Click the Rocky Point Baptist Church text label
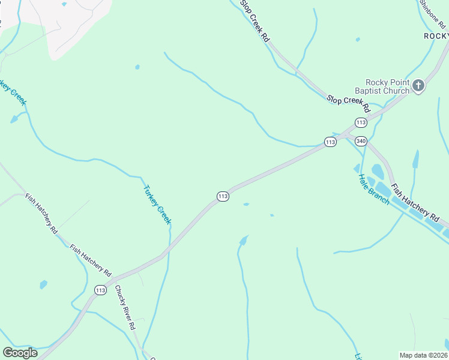pyautogui.click(x=387, y=86)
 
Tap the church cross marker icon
pyautogui.click(x=419, y=86)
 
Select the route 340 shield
pyautogui.click(x=361, y=141)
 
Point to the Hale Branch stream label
pyautogui.click(x=373, y=189)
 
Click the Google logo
pyautogui.click(x=20, y=353)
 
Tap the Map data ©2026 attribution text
pyautogui.click(x=423, y=355)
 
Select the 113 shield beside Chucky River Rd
pyautogui.click(x=100, y=290)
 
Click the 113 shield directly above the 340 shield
pyautogui.click(x=360, y=122)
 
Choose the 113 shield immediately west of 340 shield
pyautogui.click(x=330, y=142)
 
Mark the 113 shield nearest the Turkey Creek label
pyautogui.click(x=223, y=197)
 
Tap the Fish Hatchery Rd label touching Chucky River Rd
pyautogui.click(x=90, y=260)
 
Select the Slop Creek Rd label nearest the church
pyautogui.click(x=348, y=103)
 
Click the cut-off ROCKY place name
pyautogui.click(x=436, y=36)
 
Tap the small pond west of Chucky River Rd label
pyautogui.click(x=43, y=284)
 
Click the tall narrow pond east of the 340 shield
pyautogui.click(x=415, y=159)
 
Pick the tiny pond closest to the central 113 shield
pyautogui.click(x=246, y=205)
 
